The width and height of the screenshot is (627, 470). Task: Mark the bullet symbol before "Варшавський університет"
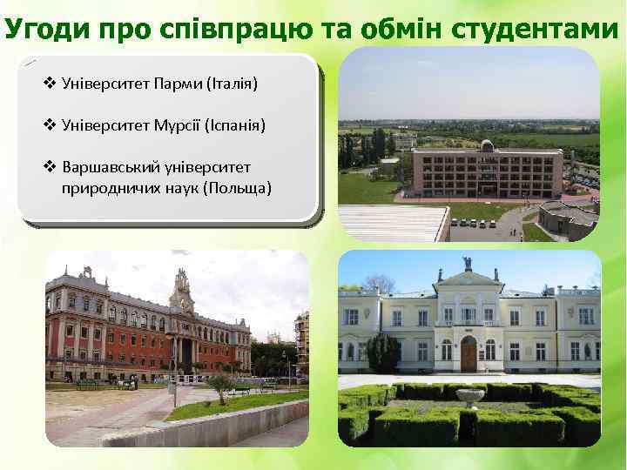(50, 166)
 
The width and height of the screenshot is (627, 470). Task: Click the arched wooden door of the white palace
(469, 352)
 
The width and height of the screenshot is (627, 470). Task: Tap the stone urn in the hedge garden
(470, 399)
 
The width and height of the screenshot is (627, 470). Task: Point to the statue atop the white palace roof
(468, 263)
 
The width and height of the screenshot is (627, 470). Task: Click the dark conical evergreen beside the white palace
(383, 352)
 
